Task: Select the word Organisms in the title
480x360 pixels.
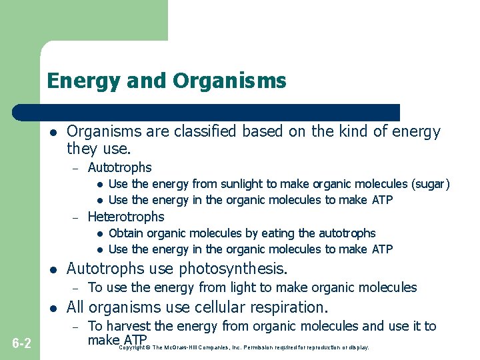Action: (x=230, y=81)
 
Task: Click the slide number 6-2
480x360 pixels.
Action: (x=21, y=343)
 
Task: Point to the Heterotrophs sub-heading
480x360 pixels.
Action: (x=125, y=217)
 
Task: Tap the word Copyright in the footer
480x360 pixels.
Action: (x=132, y=347)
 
